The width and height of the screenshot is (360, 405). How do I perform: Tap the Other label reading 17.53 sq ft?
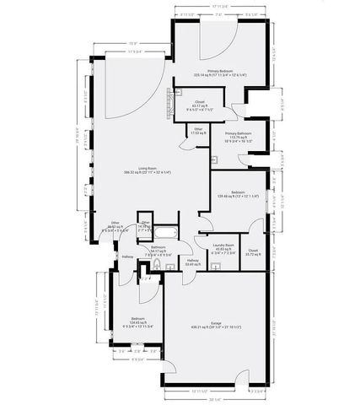pos(197,131)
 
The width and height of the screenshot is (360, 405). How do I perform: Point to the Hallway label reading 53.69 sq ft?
pos(191,262)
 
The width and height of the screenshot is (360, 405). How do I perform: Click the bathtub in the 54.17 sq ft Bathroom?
pos(166,232)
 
